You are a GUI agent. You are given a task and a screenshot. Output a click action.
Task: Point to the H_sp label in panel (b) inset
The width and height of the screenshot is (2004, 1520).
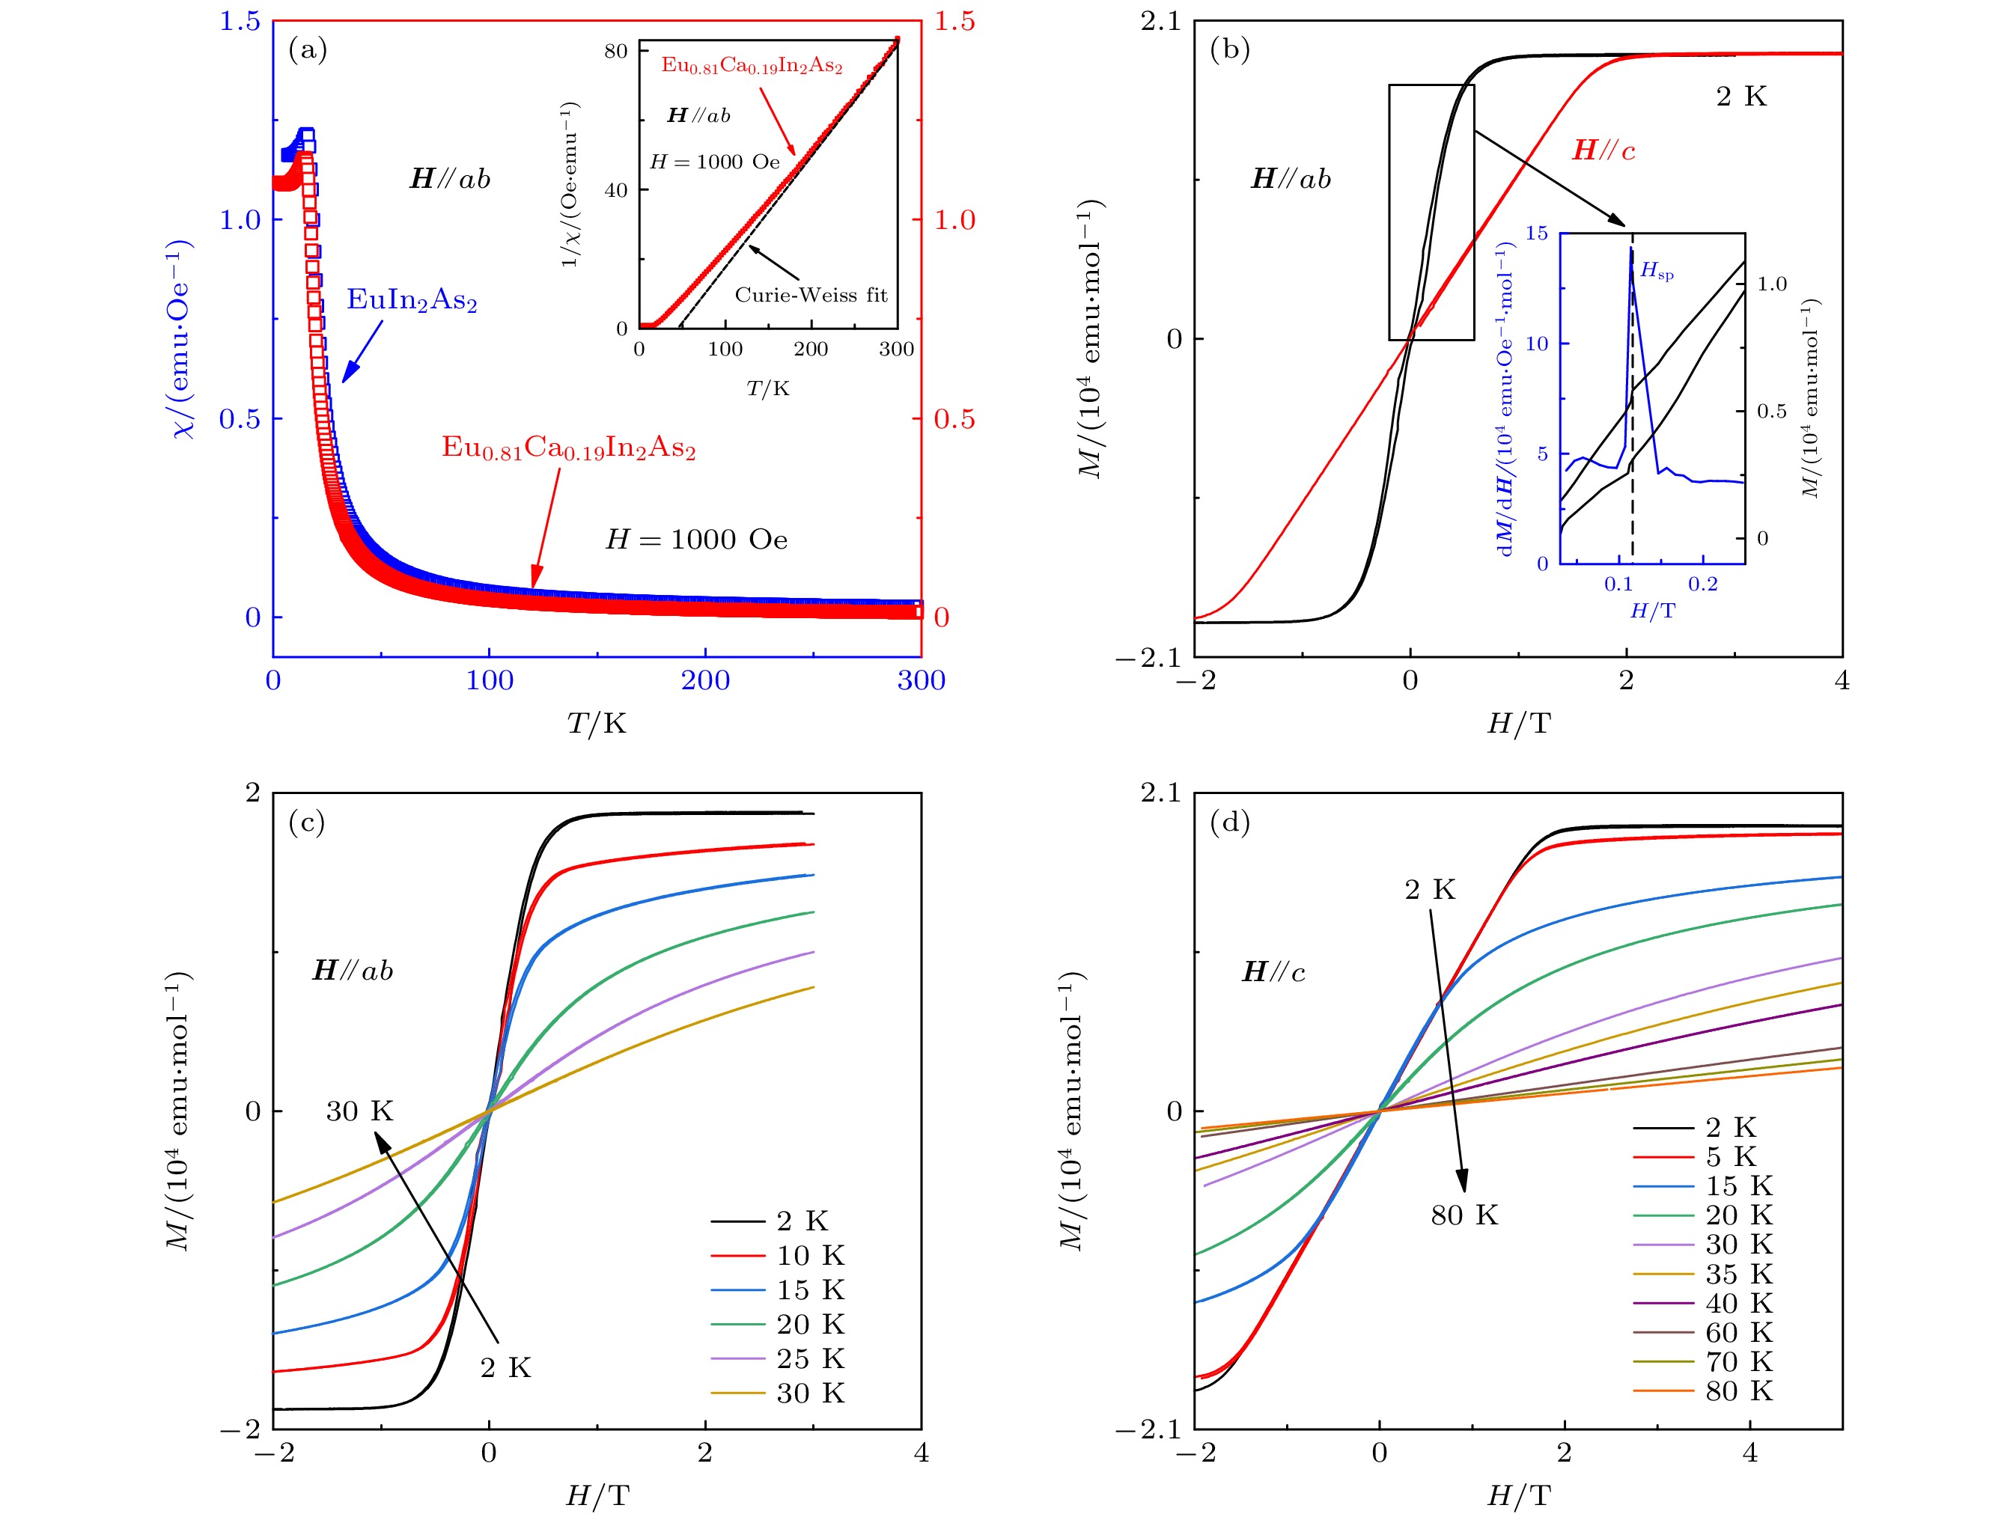point(1656,270)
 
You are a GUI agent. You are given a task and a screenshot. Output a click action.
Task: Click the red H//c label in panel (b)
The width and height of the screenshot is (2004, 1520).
point(1603,150)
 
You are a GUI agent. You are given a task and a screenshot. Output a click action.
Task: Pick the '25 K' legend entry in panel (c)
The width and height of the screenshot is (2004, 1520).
point(809,1359)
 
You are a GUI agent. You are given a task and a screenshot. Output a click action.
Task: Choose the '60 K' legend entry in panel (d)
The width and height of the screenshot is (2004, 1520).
point(1737,1332)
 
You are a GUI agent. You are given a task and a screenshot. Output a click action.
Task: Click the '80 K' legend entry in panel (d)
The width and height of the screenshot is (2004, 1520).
point(1737,1391)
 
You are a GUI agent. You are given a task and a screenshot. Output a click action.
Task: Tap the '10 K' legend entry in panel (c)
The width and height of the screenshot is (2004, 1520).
point(809,1256)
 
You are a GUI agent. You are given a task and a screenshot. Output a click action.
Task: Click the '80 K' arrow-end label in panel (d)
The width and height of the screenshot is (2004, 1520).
point(1464,1215)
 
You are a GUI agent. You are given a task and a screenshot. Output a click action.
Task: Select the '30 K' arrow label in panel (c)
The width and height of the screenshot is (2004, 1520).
point(359,1111)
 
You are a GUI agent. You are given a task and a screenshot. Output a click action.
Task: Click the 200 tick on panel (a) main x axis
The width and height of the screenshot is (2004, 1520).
point(705,680)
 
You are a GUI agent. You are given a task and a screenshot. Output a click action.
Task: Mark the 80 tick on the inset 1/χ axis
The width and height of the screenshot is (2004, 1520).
point(616,51)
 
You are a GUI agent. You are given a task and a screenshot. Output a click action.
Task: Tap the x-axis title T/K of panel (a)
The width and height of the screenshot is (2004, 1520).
point(596,723)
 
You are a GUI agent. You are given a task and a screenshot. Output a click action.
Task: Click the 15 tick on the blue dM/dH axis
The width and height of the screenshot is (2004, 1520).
point(1537,233)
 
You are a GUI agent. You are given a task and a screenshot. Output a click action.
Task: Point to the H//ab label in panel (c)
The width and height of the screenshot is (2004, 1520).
point(353,971)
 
